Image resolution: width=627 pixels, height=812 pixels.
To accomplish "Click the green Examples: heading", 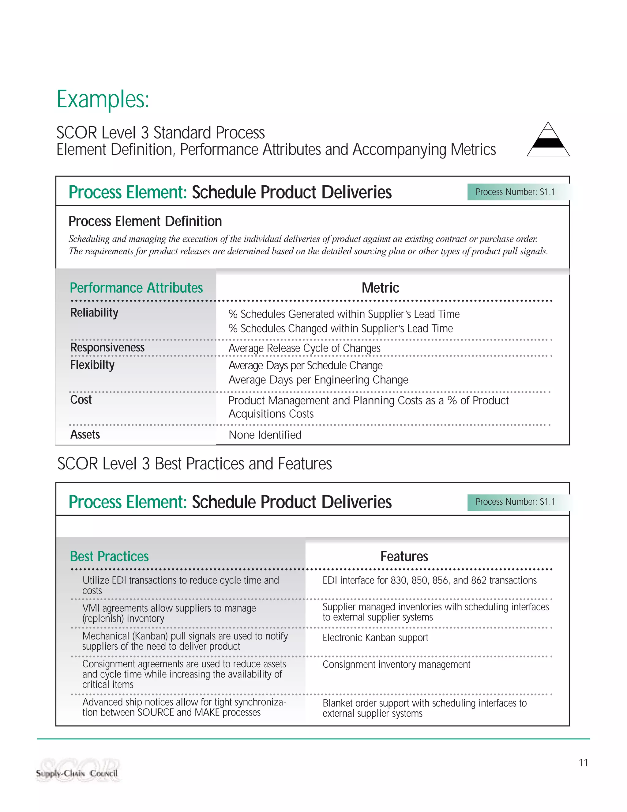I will tap(103, 100).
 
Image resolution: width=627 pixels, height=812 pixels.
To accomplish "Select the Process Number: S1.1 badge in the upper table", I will tap(515, 192).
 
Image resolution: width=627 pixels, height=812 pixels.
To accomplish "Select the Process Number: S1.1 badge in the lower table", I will tap(515, 502).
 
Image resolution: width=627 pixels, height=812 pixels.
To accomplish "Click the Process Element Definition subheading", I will tap(145, 221).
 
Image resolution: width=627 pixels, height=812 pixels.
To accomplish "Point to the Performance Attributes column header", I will tap(136, 288).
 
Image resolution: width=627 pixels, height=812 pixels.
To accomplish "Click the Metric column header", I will tap(380, 288).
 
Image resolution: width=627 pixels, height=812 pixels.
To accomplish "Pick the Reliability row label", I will tap(94, 313).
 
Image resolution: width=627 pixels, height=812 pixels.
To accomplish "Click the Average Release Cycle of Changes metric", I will tap(304, 348).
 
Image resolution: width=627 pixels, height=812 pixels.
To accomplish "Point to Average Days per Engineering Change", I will tap(318, 380).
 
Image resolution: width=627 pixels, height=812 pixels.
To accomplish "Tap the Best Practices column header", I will tap(109, 556).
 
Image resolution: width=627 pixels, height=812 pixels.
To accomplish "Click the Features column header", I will tap(404, 556).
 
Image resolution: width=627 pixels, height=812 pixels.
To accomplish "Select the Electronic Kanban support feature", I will tap(375, 638).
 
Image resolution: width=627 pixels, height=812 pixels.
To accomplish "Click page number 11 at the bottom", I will tap(583, 763).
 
